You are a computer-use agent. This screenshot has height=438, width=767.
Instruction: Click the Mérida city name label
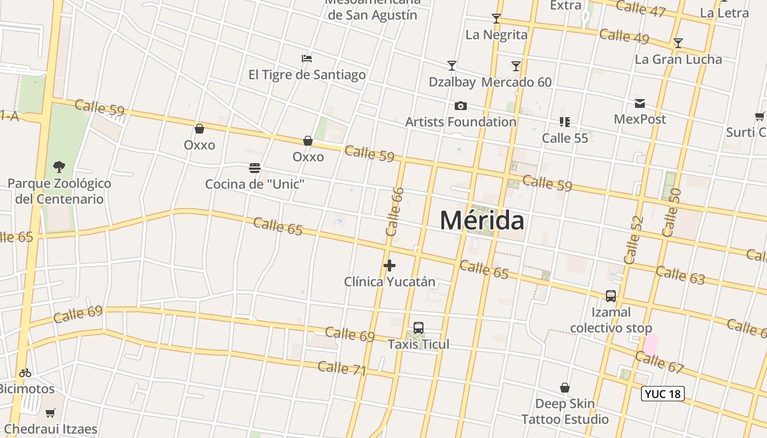(x=482, y=220)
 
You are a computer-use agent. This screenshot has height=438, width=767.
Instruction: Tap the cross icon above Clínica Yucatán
(x=390, y=266)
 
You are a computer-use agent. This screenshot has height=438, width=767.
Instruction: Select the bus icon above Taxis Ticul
(x=419, y=328)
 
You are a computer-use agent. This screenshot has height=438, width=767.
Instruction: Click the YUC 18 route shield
(x=662, y=394)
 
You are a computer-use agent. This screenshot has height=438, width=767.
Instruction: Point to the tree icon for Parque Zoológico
(x=59, y=166)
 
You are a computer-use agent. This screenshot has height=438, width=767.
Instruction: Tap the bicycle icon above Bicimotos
(x=25, y=373)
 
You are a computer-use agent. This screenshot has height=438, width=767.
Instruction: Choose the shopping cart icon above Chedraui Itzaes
(x=50, y=413)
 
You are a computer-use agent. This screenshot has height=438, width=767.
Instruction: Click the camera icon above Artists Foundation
(x=461, y=106)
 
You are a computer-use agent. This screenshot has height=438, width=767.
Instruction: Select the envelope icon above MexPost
(x=639, y=103)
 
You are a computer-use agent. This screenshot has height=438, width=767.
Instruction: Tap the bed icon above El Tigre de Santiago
(x=307, y=59)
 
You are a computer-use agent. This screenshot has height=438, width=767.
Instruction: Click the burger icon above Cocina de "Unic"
(x=255, y=168)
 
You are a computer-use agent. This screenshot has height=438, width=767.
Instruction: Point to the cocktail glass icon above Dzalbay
(x=452, y=66)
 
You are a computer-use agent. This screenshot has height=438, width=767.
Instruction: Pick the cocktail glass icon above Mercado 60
(x=516, y=66)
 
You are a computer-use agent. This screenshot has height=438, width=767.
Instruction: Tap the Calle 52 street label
(x=633, y=240)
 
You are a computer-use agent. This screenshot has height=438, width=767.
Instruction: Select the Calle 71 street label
(x=342, y=368)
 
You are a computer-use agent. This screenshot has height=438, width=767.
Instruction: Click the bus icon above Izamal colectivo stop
(x=611, y=296)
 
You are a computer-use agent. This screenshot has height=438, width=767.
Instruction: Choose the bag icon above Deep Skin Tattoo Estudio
(x=565, y=388)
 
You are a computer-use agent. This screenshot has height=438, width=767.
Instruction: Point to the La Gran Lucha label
(x=678, y=59)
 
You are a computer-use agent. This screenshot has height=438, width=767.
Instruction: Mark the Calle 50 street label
(x=671, y=212)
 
